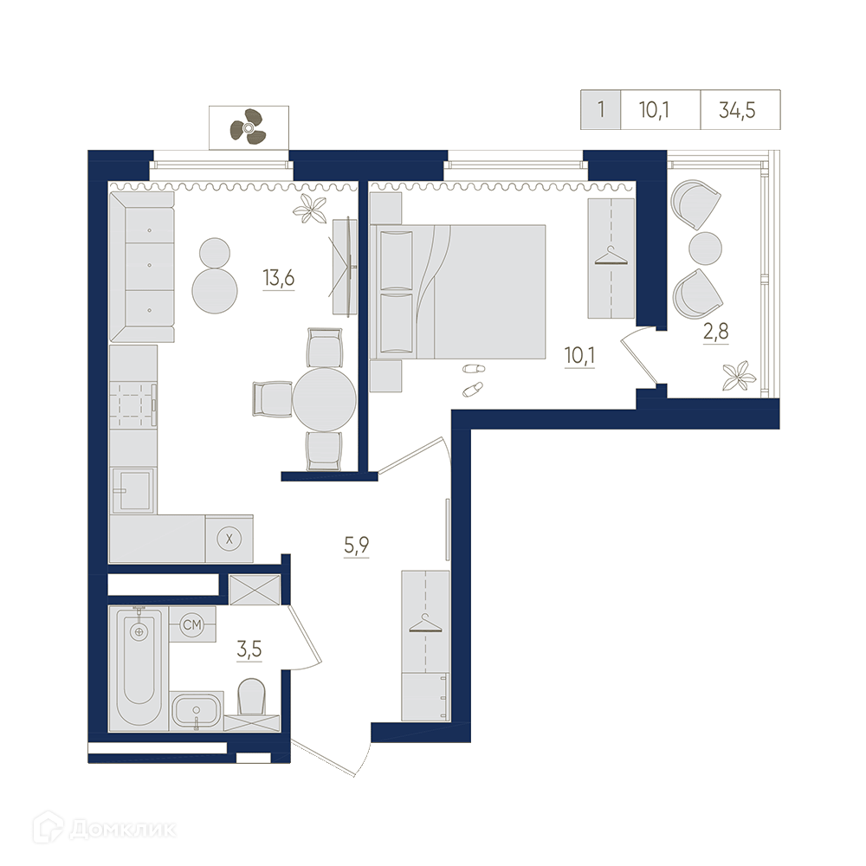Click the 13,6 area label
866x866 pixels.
(279, 278)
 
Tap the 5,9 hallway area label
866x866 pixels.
(356, 546)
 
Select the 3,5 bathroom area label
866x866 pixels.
(249, 649)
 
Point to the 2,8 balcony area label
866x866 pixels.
(716, 332)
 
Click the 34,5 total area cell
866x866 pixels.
(737, 111)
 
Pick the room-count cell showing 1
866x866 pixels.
(601, 109)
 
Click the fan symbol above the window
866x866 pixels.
(249, 127)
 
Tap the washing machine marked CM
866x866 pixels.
(192, 624)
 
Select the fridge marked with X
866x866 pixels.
(229, 539)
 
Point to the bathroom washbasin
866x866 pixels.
(197, 711)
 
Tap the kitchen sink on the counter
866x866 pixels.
(133, 490)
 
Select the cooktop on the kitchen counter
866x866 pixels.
(132, 404)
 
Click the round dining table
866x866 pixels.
(324, 399)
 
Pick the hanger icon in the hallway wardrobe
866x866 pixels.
(425, 624)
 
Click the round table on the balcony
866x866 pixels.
(705, 249)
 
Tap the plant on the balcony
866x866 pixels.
(739, 376)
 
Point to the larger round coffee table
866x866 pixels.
(215, 291)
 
